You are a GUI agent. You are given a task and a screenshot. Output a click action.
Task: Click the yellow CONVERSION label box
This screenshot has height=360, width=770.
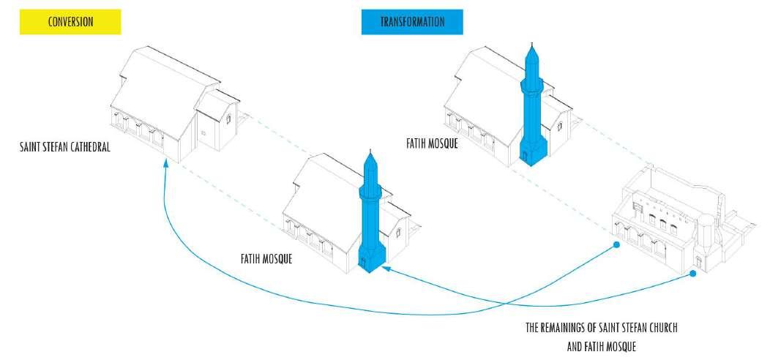(70, 22)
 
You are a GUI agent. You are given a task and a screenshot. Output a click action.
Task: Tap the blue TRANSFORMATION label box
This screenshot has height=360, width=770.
(412, 22)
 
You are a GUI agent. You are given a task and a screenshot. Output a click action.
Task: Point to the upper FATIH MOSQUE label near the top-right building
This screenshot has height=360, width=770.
(432, 144)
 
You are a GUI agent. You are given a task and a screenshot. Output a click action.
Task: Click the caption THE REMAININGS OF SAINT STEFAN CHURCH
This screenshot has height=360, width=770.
(602, 328)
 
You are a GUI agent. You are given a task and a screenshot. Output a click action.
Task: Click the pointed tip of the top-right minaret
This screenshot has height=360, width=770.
(532, 45)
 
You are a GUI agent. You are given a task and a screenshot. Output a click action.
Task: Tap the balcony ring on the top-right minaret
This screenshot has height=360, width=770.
(532, 86)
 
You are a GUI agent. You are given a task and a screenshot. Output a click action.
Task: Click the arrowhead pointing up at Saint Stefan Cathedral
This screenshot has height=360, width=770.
(166, 165)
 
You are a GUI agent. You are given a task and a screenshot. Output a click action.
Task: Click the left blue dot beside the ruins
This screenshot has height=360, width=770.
(617, 244)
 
